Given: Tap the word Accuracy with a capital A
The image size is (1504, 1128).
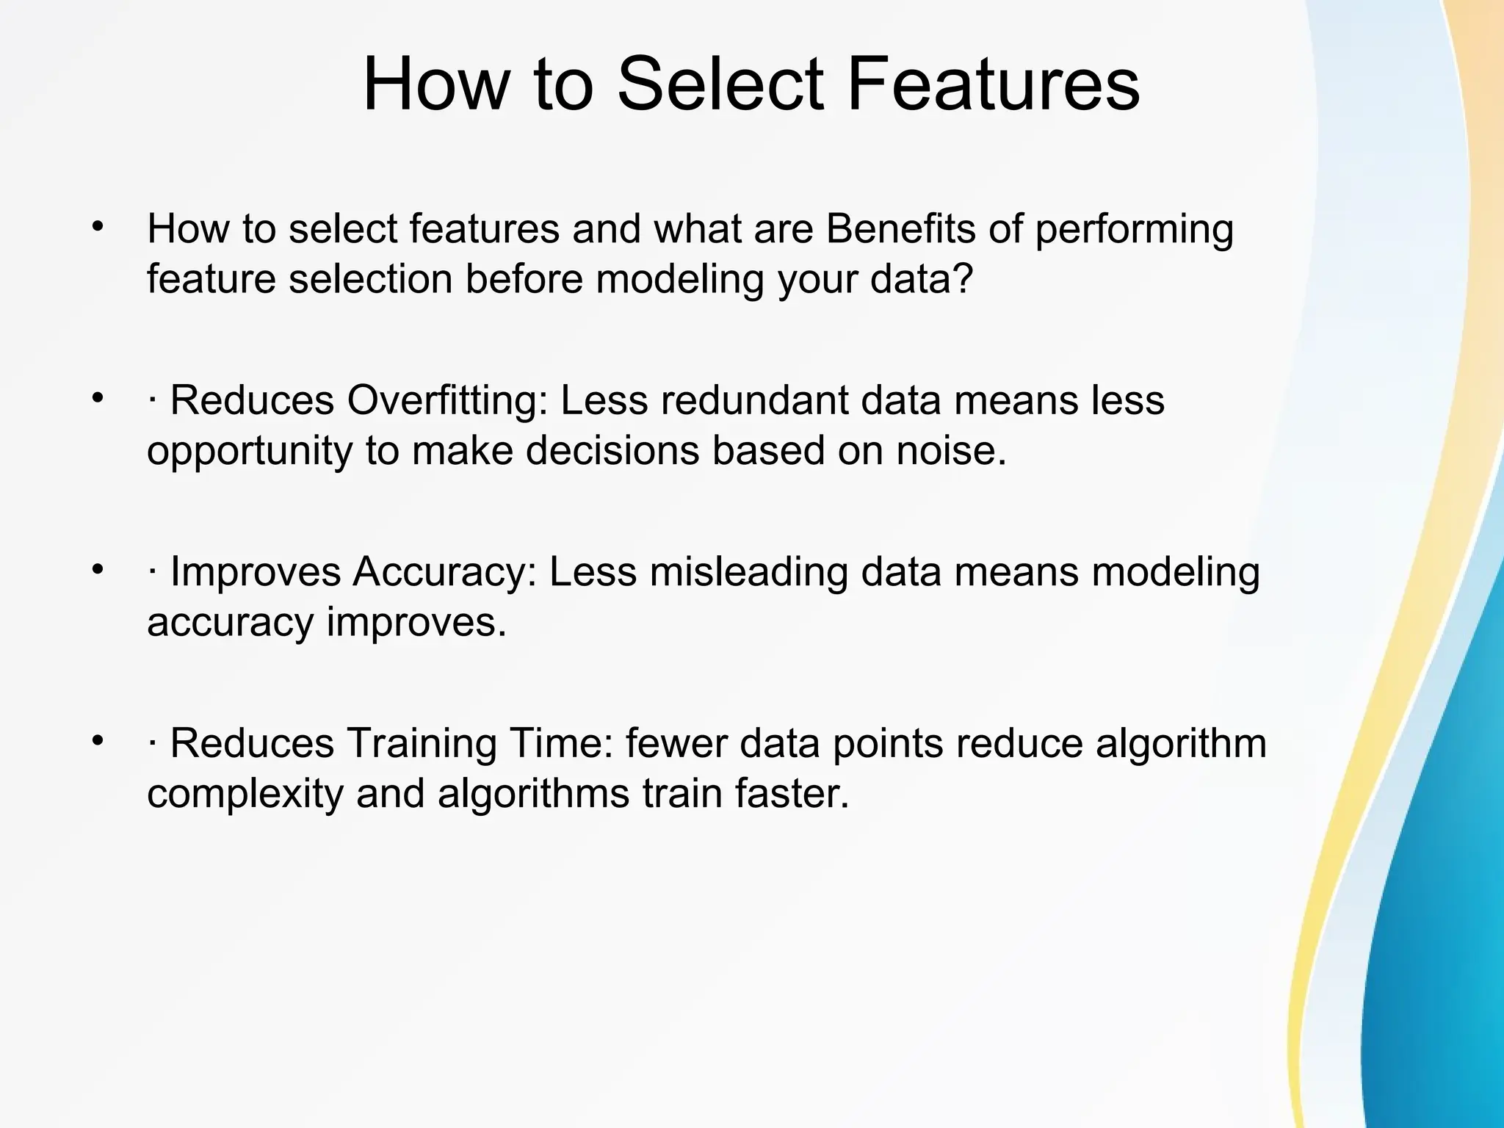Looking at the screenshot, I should [444, 573].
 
